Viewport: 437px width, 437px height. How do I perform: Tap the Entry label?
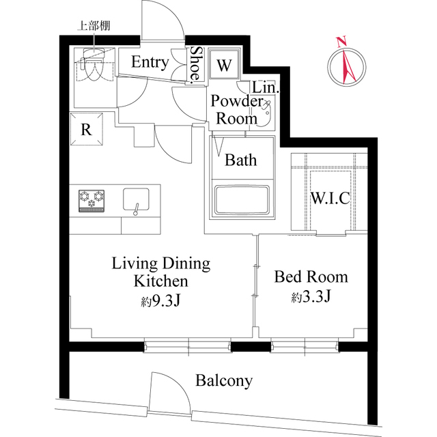(150, 63)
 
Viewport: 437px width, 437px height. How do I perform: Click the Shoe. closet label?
(196, 65)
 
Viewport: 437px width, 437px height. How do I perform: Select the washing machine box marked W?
(223, 66)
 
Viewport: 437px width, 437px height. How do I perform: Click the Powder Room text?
(236, 109)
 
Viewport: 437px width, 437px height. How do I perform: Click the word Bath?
(241, 160)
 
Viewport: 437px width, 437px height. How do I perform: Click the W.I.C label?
(330, 199)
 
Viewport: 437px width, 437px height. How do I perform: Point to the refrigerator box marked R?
(87, 130)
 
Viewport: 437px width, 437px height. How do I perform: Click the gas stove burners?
(92, 200)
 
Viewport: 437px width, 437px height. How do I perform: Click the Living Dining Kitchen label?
(161, 272)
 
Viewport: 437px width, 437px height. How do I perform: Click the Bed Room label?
(311, 277)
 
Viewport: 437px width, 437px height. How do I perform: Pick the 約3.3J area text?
(311, 298)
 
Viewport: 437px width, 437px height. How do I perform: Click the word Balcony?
(223, 380)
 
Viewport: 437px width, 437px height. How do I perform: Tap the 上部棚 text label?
(94, 27)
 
